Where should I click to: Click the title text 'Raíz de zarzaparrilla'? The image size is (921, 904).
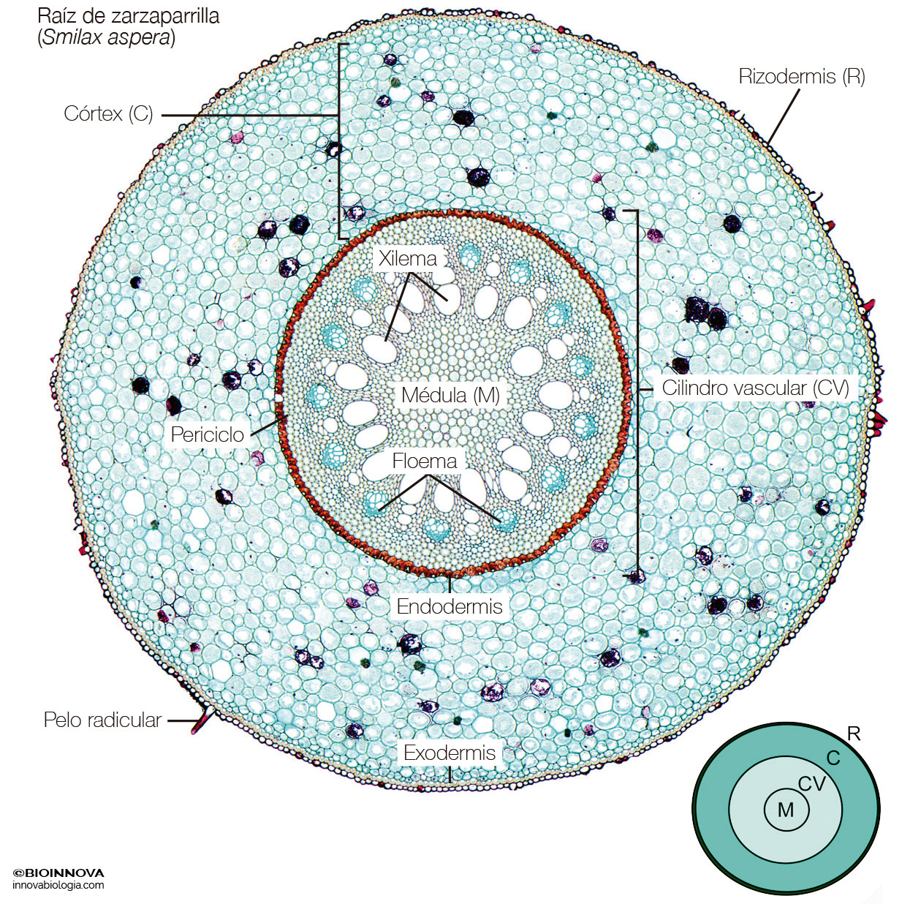click(128, 16)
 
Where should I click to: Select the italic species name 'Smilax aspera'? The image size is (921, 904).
click(106, 37)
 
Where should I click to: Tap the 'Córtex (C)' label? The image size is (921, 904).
click(108, 114)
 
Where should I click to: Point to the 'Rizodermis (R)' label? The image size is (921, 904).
click(802, 77)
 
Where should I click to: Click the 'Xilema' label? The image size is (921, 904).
click(408, 259)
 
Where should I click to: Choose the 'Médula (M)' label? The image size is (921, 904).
click(450, 395)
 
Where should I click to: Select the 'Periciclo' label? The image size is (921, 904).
click(208, 434)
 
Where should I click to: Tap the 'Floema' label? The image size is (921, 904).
click(425, 461)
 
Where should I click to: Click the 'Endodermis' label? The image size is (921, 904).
click(450, 606)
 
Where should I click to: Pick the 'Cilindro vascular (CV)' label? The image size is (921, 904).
click(755, 388)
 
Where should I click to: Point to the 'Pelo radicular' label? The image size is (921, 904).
click(103, 720)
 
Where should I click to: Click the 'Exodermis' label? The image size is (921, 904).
click(450, 753)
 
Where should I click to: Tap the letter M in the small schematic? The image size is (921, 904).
click(787, 810)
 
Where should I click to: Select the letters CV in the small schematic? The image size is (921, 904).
click(812, 784)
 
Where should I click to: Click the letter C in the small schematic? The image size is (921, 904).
click(833, 757)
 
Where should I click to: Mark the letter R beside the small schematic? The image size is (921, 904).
click(854, 734)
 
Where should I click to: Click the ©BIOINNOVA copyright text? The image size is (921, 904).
click(58, 873)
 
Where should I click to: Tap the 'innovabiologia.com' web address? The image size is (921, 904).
click(58, 885)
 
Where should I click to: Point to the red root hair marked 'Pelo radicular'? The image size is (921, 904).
click(201, 721)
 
